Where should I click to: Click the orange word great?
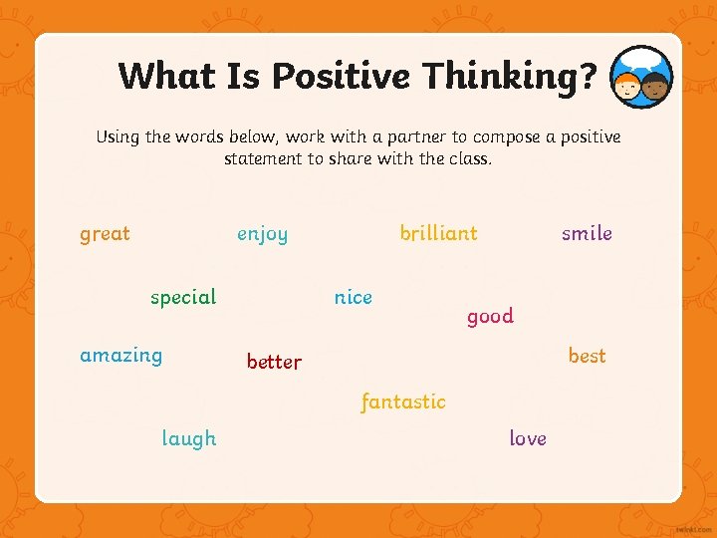coord(105,234)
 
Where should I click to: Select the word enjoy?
coord(262,235)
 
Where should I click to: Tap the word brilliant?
coord(438,233)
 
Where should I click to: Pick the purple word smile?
coord(587,233)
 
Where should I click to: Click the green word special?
coord(183,298)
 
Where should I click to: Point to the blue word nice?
coord(353,297)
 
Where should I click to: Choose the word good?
coord(490,317)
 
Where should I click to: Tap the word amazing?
coord(120,356)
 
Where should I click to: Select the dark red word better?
coord(274,362)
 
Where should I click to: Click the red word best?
coord(587,356)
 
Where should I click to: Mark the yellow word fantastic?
coord(402,403)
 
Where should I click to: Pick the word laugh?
coord(188,439)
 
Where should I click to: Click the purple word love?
coord(527,438)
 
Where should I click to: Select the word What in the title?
coord(165,76)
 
